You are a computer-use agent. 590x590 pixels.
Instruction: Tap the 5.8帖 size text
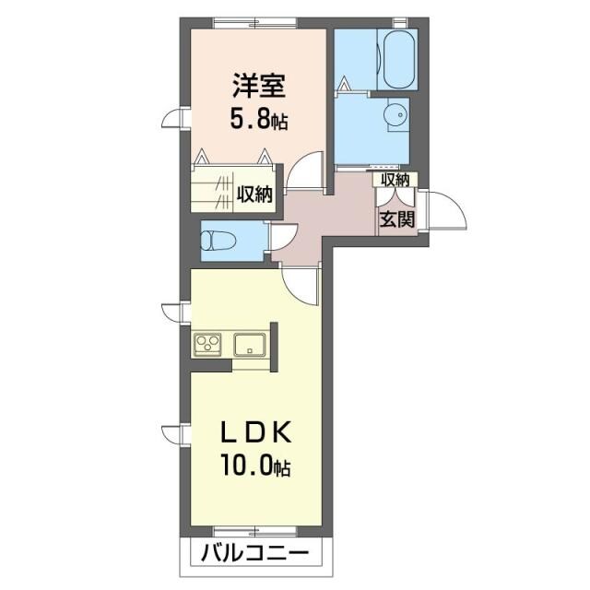tap(259, 120)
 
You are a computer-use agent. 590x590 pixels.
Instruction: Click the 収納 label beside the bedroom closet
tap(254, 194)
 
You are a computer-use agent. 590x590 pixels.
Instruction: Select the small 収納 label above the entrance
tap(396, 179)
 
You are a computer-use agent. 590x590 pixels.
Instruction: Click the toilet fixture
tap(216, 242)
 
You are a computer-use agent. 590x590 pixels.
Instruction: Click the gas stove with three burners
tap(208, 346)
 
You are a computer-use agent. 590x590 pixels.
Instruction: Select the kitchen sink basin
tap(250, 347)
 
